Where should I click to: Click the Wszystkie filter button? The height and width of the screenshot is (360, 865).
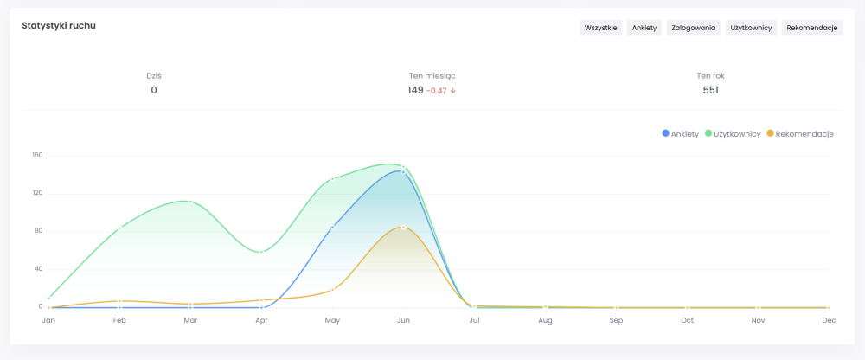(600, 28)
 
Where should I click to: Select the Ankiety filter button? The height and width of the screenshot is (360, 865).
(644, 28)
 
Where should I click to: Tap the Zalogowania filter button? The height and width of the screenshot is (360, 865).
(694, 28)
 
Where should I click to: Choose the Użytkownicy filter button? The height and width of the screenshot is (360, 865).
(751, 28)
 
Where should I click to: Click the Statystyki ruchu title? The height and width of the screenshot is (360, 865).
(59, 26)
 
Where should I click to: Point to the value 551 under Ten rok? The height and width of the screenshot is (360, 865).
(710, 90)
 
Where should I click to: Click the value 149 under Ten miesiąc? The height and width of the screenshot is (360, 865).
(415, 90)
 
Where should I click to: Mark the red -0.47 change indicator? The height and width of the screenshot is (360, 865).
(440, 90)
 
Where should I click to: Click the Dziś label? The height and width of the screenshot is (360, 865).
(154, 75)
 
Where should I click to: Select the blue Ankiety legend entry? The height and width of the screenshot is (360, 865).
(681, 134)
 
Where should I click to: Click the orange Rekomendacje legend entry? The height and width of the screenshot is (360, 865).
(800, 134)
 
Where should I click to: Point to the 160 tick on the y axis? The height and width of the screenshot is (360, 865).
(37, 155)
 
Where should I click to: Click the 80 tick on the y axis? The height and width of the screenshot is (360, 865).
(38, 231)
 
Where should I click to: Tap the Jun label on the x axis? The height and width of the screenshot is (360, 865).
(403, 321)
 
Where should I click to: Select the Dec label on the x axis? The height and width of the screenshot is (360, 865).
(829, 321)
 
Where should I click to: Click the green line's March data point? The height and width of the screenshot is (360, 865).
(190, 202)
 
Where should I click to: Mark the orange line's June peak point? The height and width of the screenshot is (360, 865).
(403, 227)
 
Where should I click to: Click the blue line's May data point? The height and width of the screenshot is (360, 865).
(332, 227)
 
